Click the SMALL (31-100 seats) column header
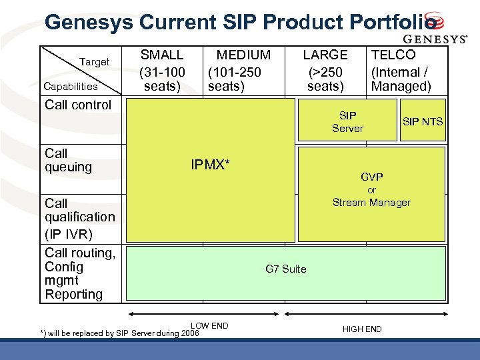(162, 70)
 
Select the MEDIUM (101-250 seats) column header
(239, 70)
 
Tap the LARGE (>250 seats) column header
(325, 70)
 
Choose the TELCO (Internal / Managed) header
(401, 70)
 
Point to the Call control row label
(78, 105)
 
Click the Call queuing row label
(68, 160)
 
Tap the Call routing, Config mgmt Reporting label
(79, 273)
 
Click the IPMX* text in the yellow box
(211, 165)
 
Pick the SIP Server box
(347, 122)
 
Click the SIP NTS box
(423, 121)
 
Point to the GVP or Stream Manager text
(371, 190)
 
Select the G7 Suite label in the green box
(286, 269)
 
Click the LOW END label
(209, 325)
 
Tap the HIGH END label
(362, 329)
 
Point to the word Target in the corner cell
(94, 62)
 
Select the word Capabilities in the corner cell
(70, 86)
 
